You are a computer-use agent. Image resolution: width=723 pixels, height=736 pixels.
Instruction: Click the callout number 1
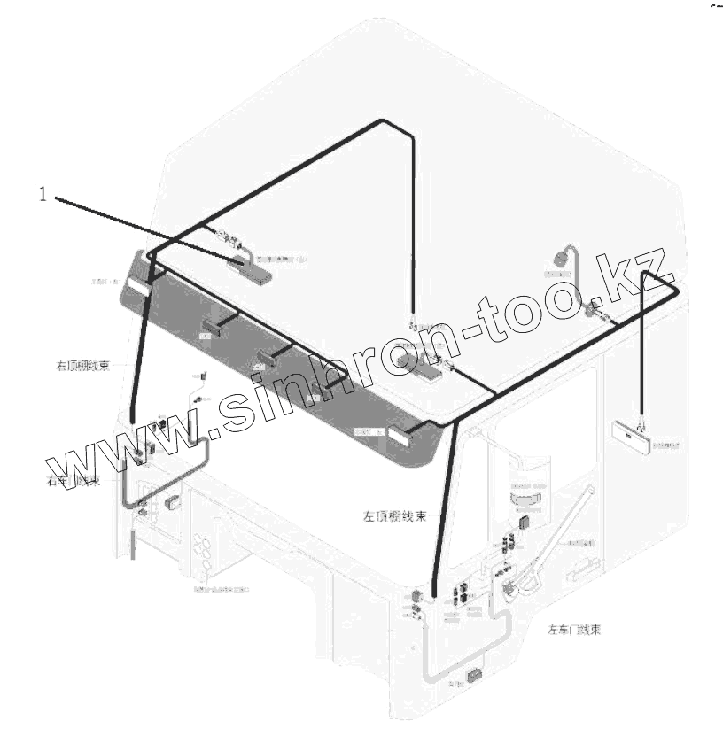[x=42, y=194]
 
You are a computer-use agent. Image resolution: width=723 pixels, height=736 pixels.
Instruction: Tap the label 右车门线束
[x=74, y=481]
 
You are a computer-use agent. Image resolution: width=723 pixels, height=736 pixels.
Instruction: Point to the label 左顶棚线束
[x=395, y=516]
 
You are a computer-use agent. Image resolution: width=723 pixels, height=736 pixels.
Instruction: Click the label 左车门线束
[x=575, y=630]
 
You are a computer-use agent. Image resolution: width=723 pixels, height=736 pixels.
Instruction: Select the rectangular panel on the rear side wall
[x=630, y=435]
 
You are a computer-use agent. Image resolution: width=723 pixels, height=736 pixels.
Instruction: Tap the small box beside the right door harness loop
[x=172, y=502]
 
